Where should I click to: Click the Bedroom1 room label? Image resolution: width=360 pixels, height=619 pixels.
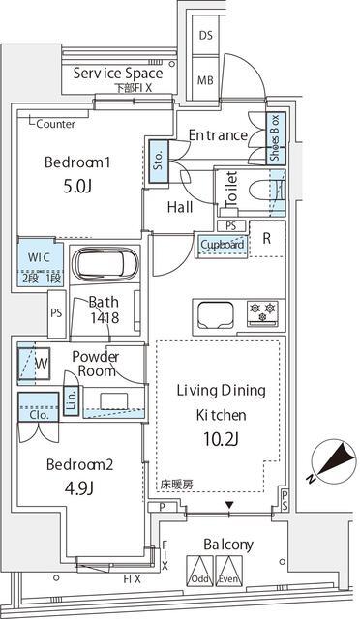coord(77,162)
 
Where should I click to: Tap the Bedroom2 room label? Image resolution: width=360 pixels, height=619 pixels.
coord(80,464)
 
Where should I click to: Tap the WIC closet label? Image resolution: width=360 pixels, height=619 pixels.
coord(40,257)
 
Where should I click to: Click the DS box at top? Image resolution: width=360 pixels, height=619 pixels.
coord(206,35)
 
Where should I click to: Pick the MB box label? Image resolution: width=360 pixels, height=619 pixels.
coord(206,80)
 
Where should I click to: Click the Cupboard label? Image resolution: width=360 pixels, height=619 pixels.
coord(223,245)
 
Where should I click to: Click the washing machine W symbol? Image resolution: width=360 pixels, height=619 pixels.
coord(40,364)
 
